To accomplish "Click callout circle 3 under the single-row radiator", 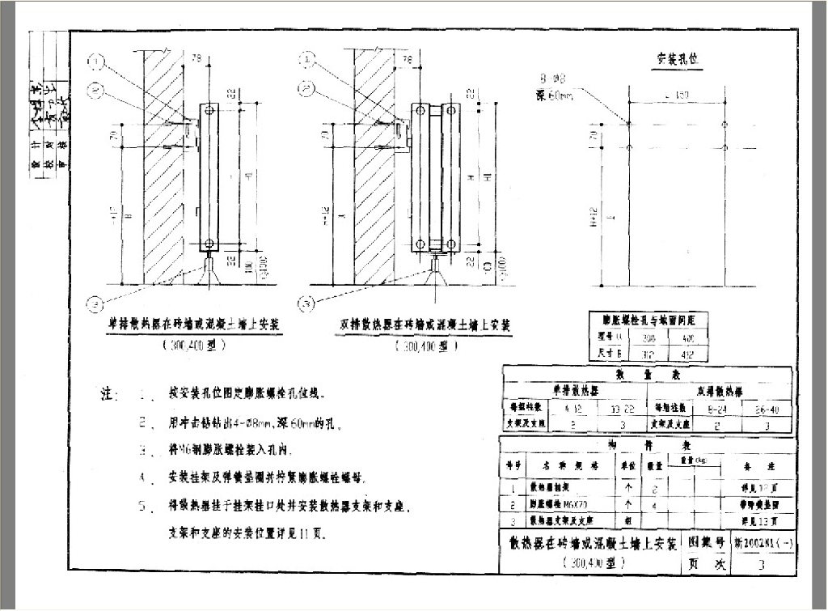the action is [x=97, y=305].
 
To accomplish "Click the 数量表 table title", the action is [x=647, y=375].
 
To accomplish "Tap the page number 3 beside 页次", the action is [x=760, y=566].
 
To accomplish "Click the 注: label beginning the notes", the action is [x=109, y=395].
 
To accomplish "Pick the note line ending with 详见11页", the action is [x=247, y=534].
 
